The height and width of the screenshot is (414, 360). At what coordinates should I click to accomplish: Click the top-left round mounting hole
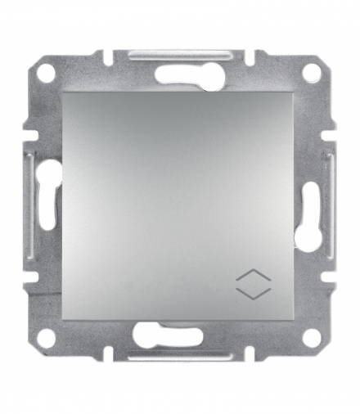point(47,73)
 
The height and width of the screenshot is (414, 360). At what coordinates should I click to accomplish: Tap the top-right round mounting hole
point(311,73)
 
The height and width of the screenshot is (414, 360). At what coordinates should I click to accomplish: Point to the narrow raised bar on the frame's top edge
point(180,54)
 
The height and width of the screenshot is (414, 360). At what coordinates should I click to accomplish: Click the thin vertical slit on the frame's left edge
point(31,205)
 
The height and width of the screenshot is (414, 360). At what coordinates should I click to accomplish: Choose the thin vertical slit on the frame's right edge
point(329,205)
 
